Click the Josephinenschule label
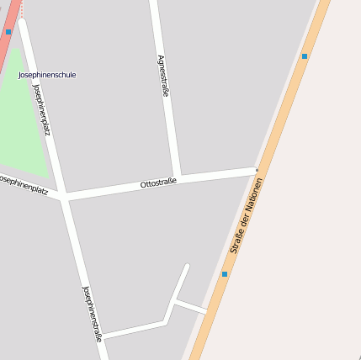click(47, 75)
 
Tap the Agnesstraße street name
click(162, 76)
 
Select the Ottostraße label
click(158, 183)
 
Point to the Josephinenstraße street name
click(92, 313)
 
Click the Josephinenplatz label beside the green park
click(41, 108)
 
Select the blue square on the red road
click(8, 32)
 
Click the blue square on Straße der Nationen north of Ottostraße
click(305, 56)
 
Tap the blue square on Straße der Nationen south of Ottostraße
click(225, 274)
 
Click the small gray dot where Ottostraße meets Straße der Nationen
click(257, 170)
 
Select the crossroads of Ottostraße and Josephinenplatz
click(64, 199)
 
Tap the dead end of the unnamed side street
click(187, 267)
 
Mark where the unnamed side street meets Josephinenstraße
click(102, 336)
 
